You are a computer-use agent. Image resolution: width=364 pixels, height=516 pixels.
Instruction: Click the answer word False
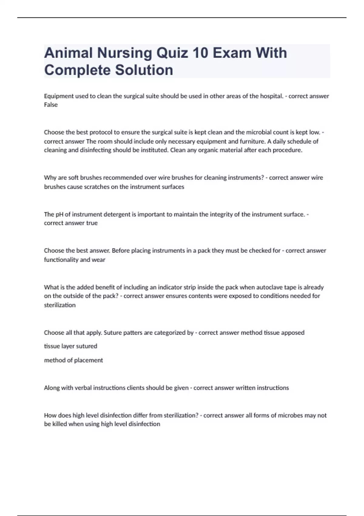(x=51, y=105)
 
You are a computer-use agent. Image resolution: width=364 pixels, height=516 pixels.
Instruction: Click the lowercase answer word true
(x=92, y=223)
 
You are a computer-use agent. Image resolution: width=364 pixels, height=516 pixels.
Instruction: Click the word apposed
(x=293, y=333)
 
